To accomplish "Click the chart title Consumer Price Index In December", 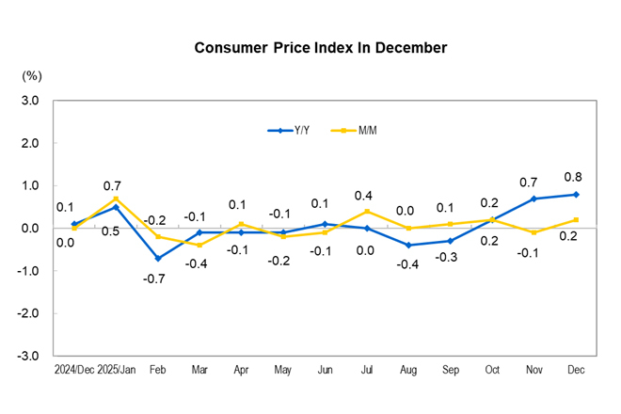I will click(320, 48).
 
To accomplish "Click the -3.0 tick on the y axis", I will click(28, 356).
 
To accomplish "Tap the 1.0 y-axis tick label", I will click(30, 185).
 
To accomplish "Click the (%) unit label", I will click(32, 74).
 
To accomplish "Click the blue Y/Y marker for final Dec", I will click(576, 195).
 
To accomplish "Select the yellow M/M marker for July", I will click(368, 211).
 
